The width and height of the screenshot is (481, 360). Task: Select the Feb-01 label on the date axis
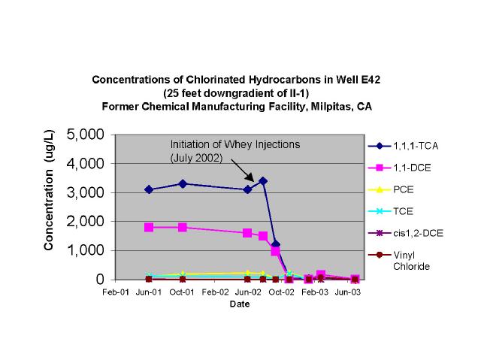(x=116, y=291)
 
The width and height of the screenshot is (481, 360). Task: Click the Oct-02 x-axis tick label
(x=281, y=291)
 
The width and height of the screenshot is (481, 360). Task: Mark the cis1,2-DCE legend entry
(x=413, y=233)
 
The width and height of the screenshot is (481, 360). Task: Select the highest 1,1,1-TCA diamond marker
(x=262, y=180)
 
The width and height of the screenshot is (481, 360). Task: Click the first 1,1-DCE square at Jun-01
(x=150, y=227)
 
